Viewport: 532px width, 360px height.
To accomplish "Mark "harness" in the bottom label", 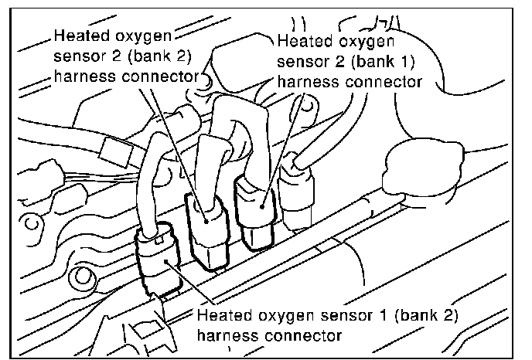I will (x=225, y=336).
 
